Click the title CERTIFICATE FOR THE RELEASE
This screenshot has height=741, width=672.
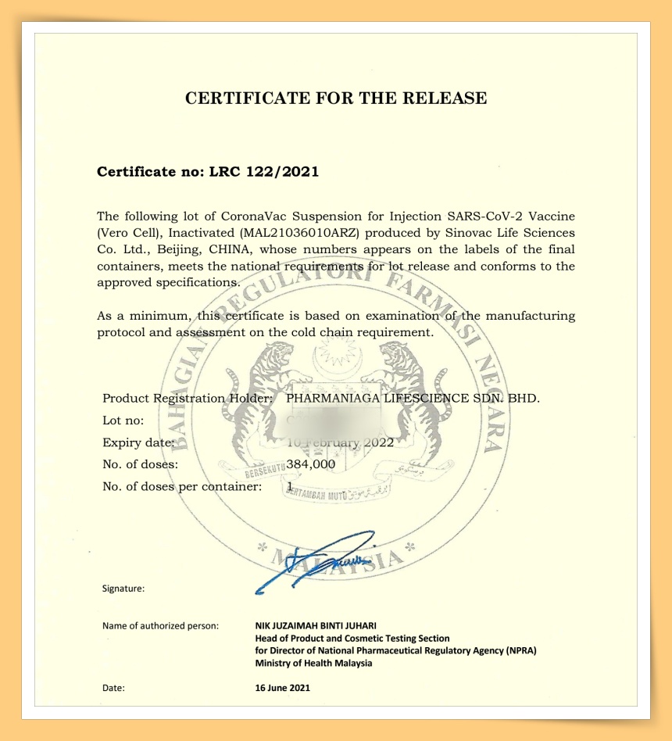[x=336, y=98]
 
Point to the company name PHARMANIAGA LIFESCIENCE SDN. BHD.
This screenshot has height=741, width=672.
[x=413, y=398]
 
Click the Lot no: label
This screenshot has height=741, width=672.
[x=123, y=421]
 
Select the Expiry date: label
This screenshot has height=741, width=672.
[x=138, y=442]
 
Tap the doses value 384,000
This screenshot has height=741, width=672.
[x=311, y=464]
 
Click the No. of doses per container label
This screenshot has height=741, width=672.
[x=182, y=486]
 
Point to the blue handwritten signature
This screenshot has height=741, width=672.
[x=316, y=559]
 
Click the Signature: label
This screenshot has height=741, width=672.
[x=123, y=589]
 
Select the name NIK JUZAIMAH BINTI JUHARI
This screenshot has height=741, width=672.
[x=316, y=625]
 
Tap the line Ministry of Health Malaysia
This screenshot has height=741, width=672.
[x=313, y=663]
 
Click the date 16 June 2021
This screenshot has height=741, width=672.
[x=283, y=688]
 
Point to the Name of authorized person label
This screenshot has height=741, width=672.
[x=160, y=625]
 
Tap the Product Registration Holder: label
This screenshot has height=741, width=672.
[x=188, y=398]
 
